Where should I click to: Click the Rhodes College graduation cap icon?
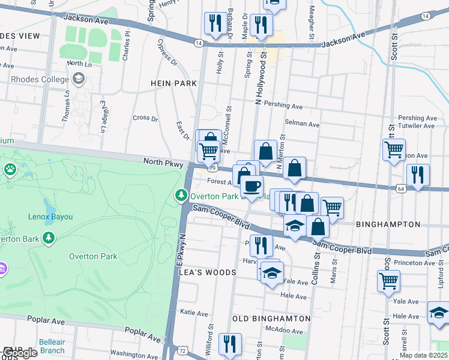coord(78,79)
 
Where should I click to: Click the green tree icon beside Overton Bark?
coord(49,239)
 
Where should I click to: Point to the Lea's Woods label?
coord(208,272)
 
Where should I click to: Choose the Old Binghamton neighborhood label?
coord(271,318)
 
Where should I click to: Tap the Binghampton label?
coord(388,224)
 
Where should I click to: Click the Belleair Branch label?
coord(52,346)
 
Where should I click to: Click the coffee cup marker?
coord(252,186)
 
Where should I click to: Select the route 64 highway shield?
coord(400,188)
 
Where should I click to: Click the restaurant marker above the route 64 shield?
coord(418,175)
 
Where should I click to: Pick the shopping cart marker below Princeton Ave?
coord(388,280)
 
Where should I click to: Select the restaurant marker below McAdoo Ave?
coord(230,344)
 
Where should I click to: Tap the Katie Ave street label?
coord(194,312)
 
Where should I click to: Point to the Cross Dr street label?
coord(145,118)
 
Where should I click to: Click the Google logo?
coord(20,353)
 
